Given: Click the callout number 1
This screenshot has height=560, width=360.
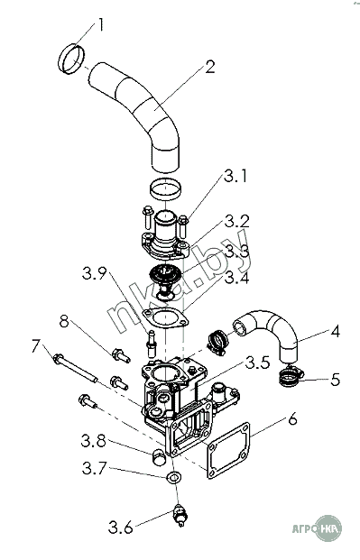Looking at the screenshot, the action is (x=101, y=25).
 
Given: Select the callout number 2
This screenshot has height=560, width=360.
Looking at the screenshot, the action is (x=210, y=67).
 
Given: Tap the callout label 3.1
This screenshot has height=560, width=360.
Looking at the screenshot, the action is (x=235, y=176).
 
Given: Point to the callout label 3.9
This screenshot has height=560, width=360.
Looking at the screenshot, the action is (x=95, y=274).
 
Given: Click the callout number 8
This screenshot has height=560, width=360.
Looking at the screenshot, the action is (x=64, y=321).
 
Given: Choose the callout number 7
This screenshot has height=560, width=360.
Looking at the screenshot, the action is (x=36, y=346).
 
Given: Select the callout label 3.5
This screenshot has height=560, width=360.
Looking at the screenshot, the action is (x=257, y=363).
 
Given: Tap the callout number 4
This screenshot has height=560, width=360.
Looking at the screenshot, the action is (x=335, y=332).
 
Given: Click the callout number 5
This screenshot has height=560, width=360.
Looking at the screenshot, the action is (x=335, y=380).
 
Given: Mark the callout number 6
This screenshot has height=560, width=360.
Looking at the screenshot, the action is (x=292, y=419).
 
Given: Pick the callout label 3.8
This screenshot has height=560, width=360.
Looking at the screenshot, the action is (x=94, y=442).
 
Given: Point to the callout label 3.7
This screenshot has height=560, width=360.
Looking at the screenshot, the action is (x=95, y=468).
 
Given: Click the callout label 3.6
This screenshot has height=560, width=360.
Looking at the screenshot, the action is (x=121, y=528).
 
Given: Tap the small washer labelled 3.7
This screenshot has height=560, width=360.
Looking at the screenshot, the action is (x=170, y=477).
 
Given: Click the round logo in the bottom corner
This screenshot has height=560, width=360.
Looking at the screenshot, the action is (x=329, y=528).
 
